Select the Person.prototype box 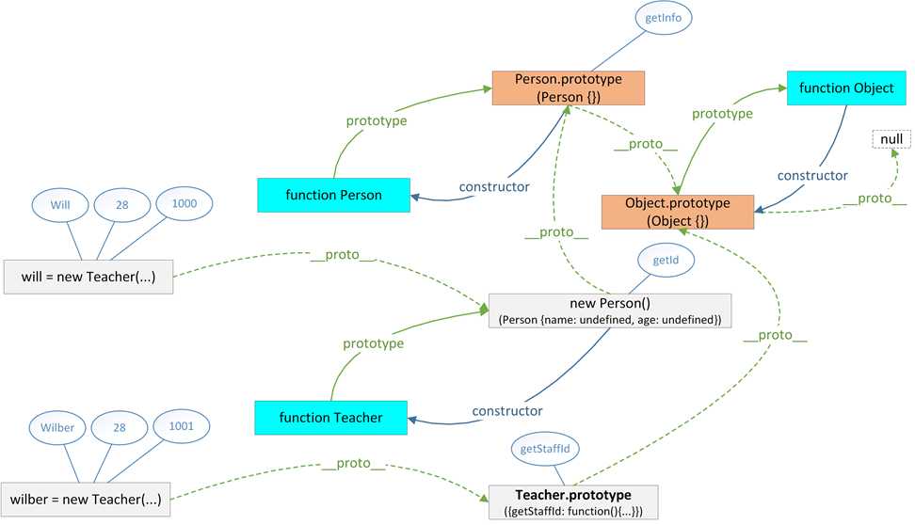(x=565, y=87)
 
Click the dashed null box (x=891, y=139)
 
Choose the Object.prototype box (x=678, y=212)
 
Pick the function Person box (x=333, y=195)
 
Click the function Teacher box (x=331, y=418)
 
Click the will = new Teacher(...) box (x=88, y=276)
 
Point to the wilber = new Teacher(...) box (x=88, y=498)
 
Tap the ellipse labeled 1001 (x=182, y=425)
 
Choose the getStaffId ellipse (x=545, y=450)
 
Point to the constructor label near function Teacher (x=507, y=411)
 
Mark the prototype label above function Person (x=377, y=120)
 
